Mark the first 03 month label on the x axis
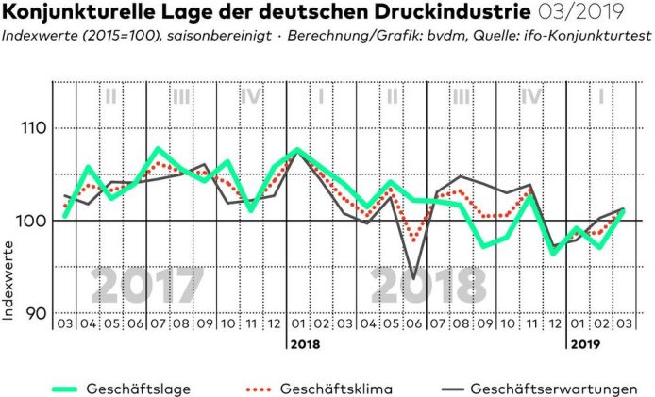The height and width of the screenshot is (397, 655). [64, 323]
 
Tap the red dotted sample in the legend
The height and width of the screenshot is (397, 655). [270, 388]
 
